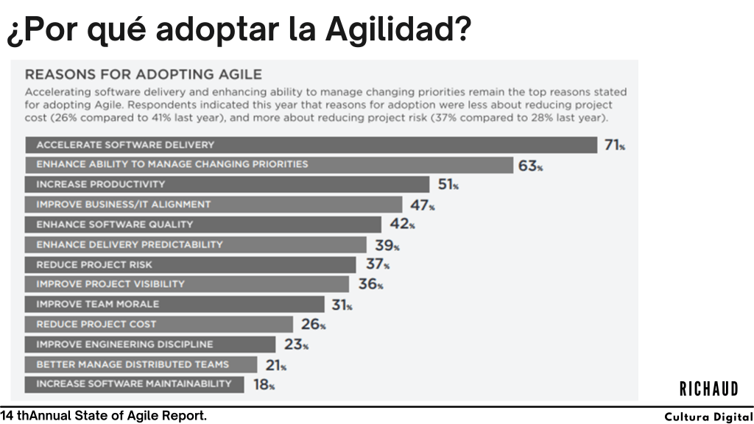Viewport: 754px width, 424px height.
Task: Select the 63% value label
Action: (530, 166)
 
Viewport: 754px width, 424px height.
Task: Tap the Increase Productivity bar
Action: (228, 184)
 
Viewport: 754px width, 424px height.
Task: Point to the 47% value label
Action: (422, 205)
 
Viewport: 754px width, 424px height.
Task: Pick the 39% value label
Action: (387, 246)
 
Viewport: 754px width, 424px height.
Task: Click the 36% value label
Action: (370, 284)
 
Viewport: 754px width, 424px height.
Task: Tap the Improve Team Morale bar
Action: (175, 304)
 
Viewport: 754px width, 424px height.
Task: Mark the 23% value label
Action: (295, 344)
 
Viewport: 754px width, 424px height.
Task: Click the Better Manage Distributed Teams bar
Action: (141, 364)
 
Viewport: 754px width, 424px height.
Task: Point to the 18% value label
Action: (264, 384)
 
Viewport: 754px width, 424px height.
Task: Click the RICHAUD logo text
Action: (708, 388)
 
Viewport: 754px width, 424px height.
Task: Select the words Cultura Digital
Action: (708, 417)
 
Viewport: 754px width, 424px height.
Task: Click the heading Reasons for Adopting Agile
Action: (144, 74)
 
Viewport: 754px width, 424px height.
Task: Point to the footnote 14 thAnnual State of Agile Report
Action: (104, 416)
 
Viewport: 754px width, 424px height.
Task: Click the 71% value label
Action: (614, 145)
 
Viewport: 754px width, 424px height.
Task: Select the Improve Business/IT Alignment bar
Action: (214, 205)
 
